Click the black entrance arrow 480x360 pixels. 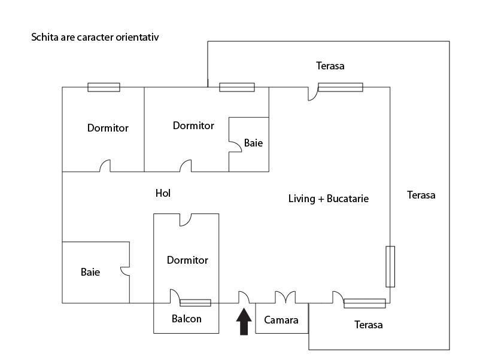244,322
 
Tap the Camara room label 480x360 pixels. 281,320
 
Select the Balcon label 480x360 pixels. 187,319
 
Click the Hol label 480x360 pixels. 163,193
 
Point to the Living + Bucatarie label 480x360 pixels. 329,199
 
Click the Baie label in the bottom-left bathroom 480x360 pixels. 90,272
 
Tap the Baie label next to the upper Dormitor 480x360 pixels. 253,144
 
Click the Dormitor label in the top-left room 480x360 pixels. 108,128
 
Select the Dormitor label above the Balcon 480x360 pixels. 187,260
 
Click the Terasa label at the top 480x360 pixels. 330,66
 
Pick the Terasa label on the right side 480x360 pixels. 421,195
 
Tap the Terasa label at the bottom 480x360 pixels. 368,325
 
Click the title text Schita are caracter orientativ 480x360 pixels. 95,37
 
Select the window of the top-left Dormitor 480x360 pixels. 104,87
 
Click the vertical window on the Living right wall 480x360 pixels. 390,266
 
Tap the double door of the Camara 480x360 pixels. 285,297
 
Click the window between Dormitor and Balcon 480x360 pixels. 196,303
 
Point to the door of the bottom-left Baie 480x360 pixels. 125,271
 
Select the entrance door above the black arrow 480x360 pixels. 244,297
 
